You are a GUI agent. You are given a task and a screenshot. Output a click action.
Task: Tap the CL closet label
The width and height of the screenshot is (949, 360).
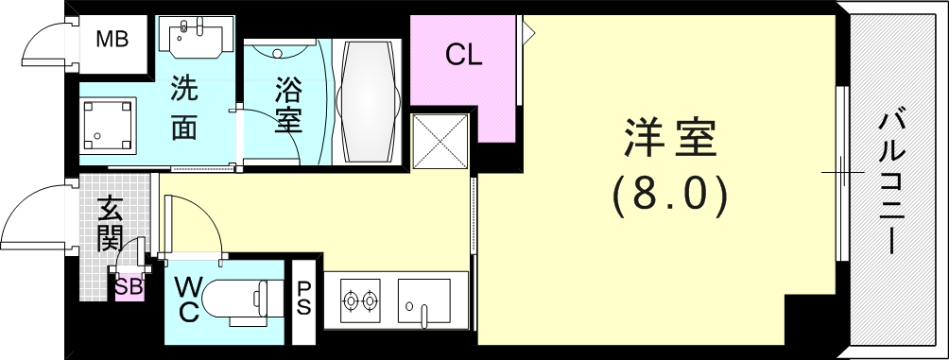tap(464, 56)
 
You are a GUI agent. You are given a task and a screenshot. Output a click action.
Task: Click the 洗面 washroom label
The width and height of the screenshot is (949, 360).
tap(183, 108)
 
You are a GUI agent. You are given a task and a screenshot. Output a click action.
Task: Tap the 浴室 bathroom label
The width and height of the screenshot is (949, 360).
tap(288, 106)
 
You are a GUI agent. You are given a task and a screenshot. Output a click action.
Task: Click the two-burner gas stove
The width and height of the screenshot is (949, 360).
tap(359, 301)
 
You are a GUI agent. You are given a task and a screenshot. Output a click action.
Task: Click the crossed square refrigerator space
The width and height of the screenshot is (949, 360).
tap(441, 142)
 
